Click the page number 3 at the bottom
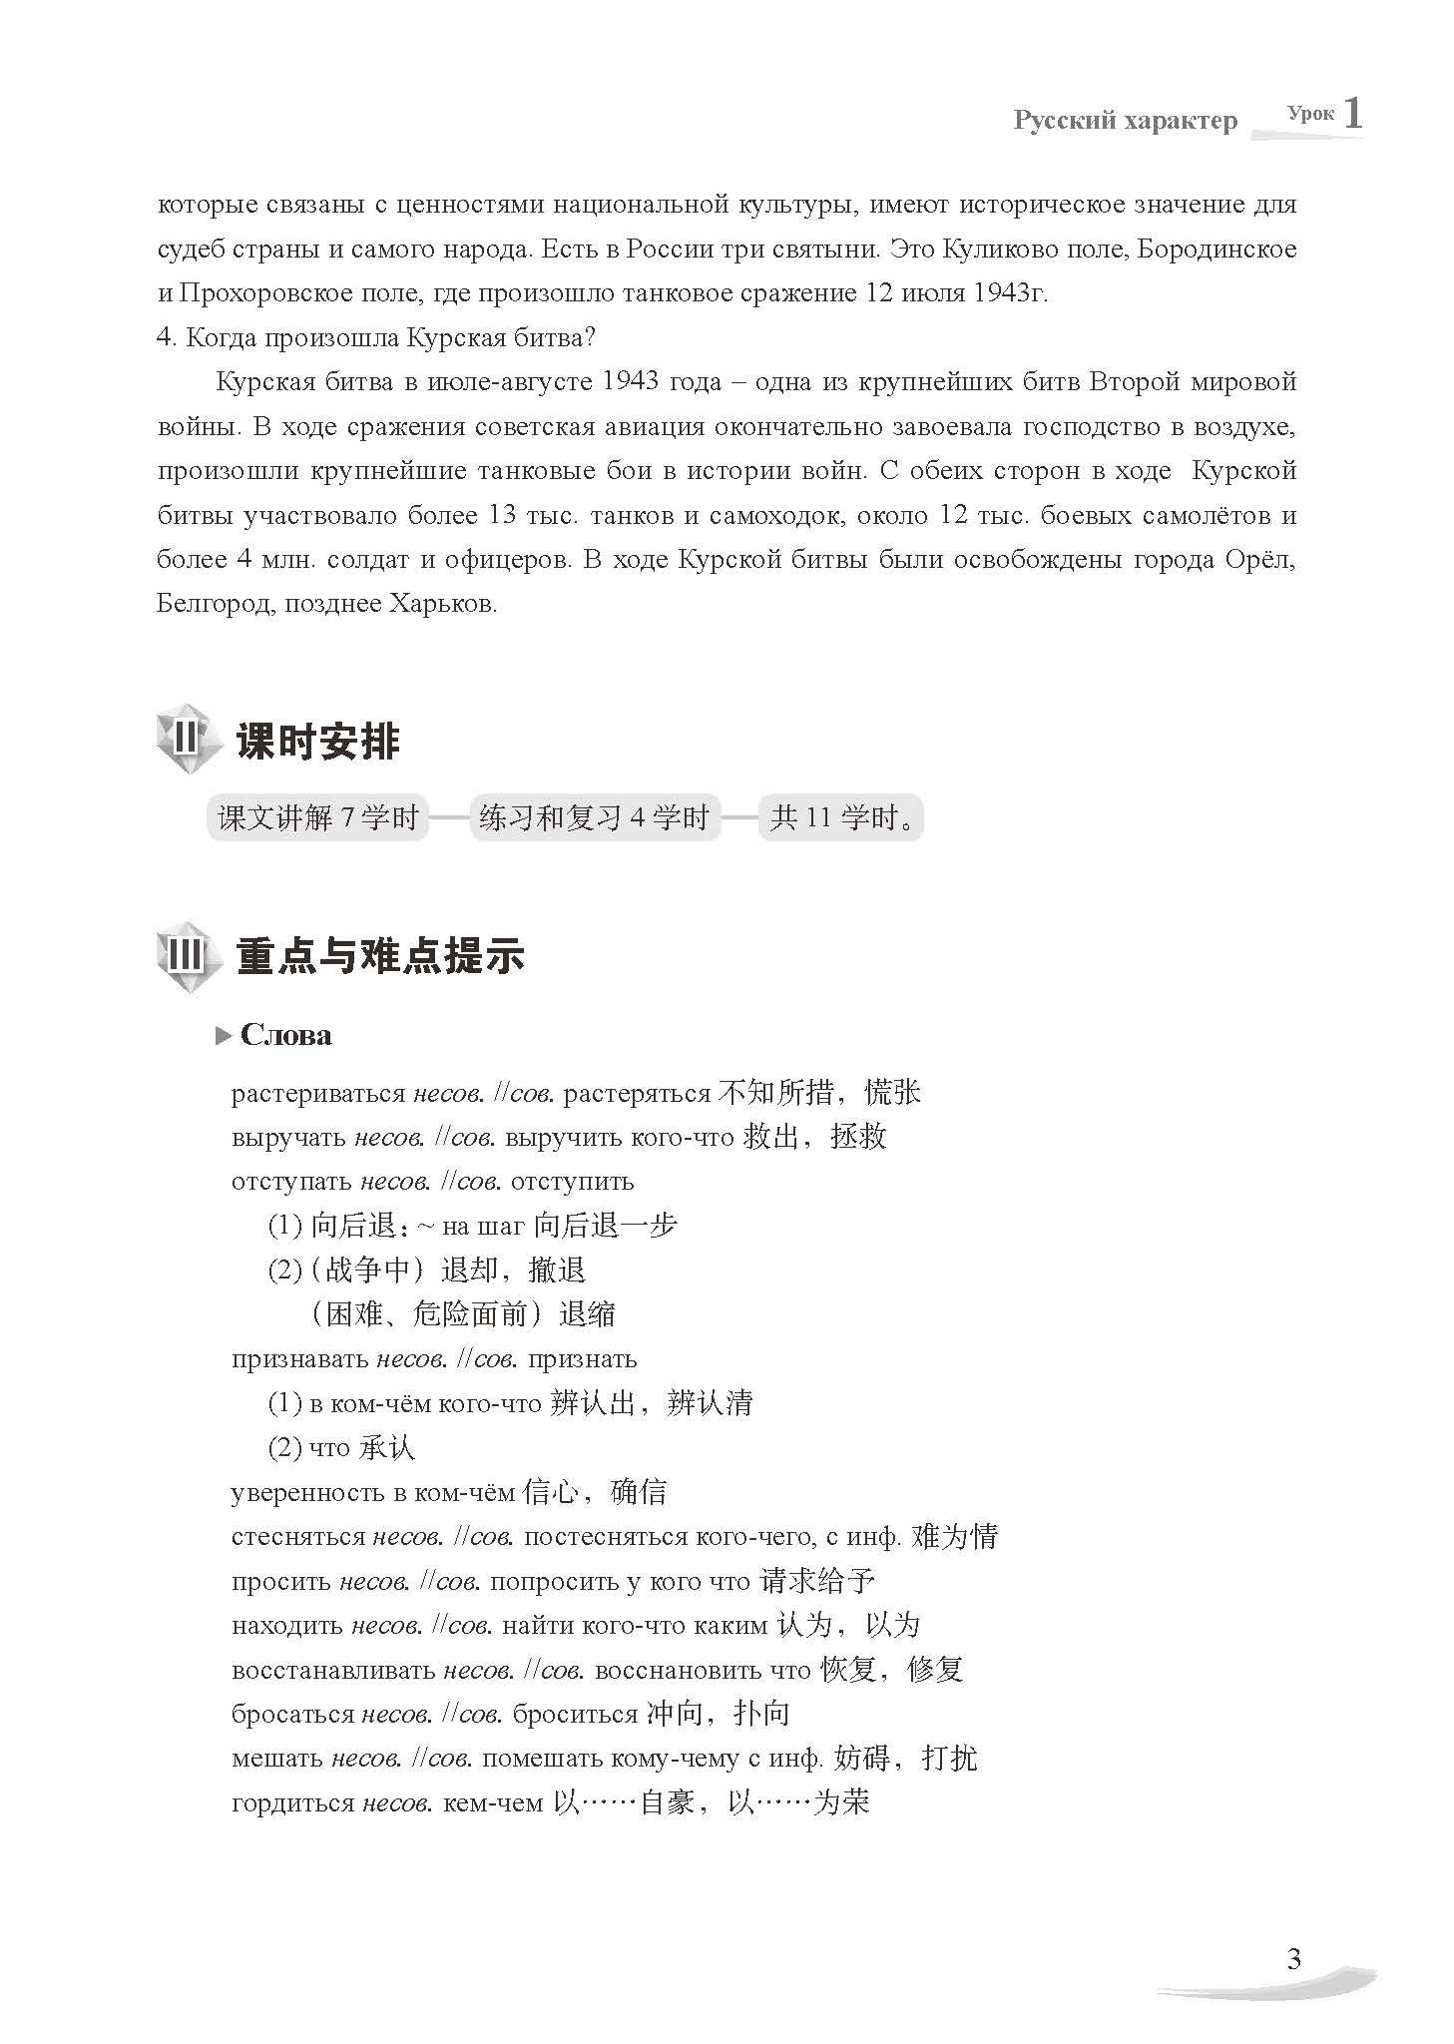pyautogui.click(x=1293, y=1959)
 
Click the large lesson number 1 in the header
pyautogui.click(x=1352, y=113)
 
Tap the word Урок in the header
pyautogui.click(x=1310, y=114)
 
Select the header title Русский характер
pyautogui.click(x=1125, y=121)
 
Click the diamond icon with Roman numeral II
pyautogui.click(x=187, y=742)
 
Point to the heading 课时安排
pyautogui.click(x=318, y=743)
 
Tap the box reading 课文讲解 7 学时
pyautogui.click(x=317, y=818)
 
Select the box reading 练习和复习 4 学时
pyautogui.click(x=595, y=818)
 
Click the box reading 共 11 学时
pyautogui.click(x=840, y=818)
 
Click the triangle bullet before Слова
pyautogui.click(x=223, y=1037)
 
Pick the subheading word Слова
pyautogui.click(x=286, y=1035)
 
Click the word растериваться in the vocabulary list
pyautogui.click(x=317, y=1094)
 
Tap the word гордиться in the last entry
pyautogui.click(x=292, y=1803)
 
